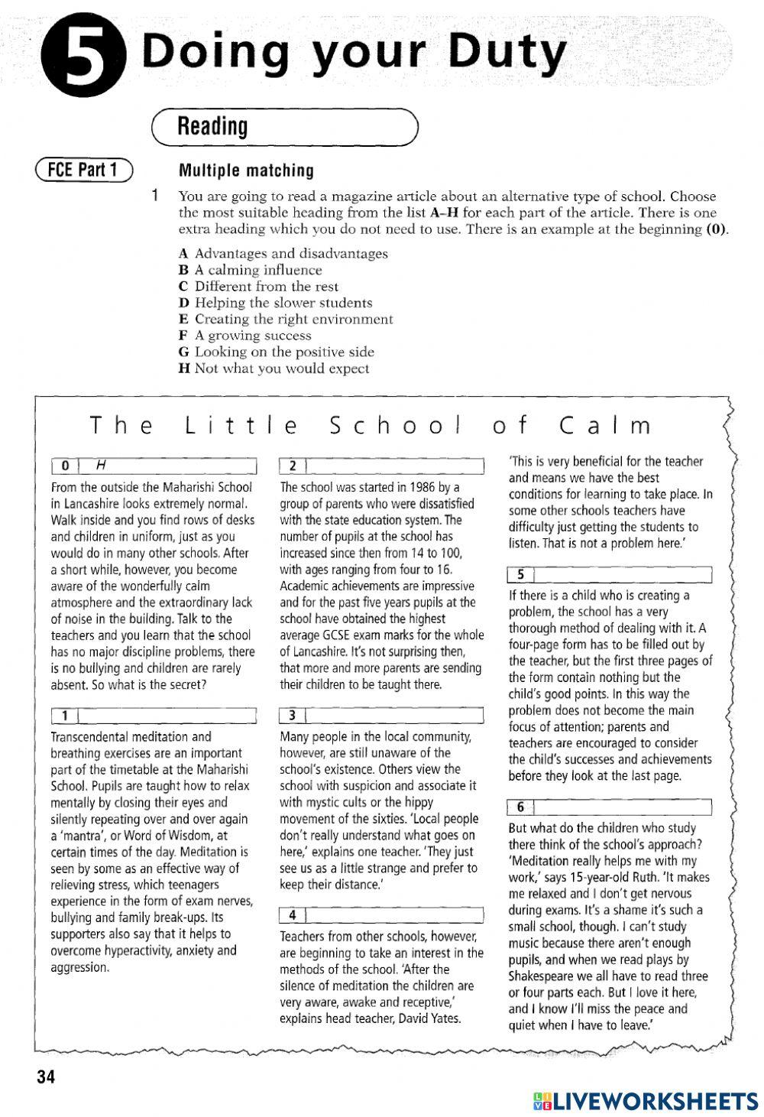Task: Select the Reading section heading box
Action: [285, 127]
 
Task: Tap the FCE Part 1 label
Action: [83, 170]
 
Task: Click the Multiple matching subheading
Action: [245, 170]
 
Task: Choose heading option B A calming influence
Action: [251, 270]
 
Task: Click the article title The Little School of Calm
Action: [371, 426]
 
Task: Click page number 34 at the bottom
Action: [45, 1078]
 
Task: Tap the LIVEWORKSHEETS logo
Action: [646, 1100]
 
